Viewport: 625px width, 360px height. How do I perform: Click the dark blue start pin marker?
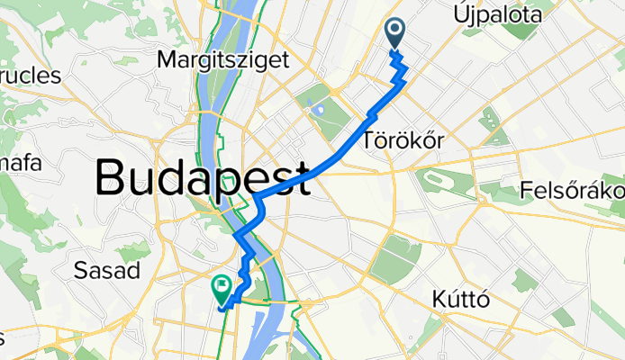[396, 33]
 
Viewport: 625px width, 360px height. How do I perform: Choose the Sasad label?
[106, 270]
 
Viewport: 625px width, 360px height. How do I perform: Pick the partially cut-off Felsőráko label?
[573, 192]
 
